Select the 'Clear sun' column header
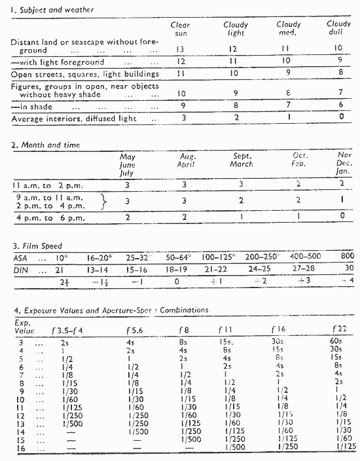click(184, 29)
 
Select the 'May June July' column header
click(128, 165)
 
